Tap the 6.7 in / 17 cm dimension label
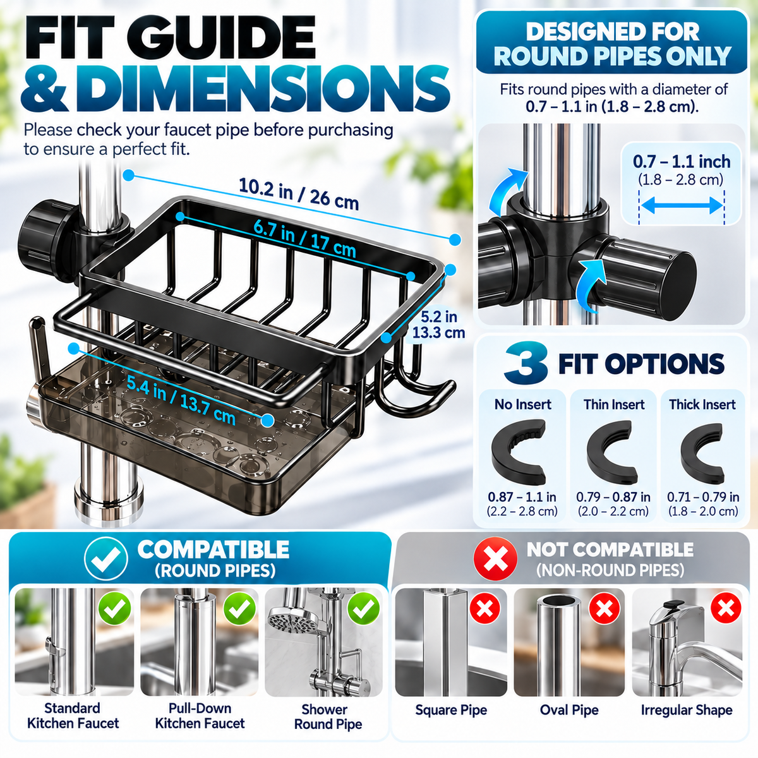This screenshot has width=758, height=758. click(304, 238)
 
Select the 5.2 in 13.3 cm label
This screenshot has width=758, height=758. click(438, 325)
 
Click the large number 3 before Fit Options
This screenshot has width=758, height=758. click(526, 363)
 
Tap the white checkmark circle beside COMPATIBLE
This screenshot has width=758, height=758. click(106, 558)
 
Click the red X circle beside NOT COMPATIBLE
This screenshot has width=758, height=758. click(495, 559)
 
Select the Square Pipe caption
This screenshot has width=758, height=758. click(451, 709)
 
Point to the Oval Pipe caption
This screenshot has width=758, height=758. click(569, 709)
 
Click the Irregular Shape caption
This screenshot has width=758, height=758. click(687, 709)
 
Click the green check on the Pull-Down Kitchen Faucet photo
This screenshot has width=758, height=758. click(239, 608)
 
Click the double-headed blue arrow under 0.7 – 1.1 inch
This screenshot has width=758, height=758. click(682, 205)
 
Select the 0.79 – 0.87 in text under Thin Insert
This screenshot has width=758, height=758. click(613, 497)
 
